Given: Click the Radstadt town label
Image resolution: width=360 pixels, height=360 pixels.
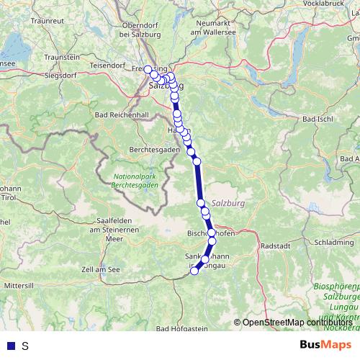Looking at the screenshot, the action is point(274,246).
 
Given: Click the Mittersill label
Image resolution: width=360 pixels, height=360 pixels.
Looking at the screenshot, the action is point(19,286).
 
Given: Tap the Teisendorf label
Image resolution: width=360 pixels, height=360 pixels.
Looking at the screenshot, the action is point(109,65).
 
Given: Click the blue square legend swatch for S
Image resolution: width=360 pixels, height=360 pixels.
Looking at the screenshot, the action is point(9,346).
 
